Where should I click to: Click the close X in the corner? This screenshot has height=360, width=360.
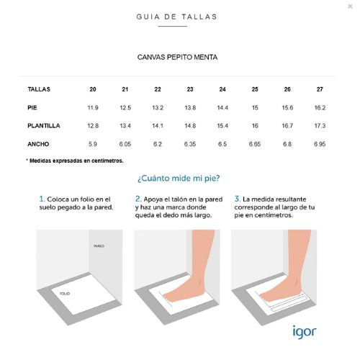[350, 6]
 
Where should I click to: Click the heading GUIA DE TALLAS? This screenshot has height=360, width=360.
[177, 17]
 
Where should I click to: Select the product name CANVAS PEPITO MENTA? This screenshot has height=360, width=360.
[177, 57]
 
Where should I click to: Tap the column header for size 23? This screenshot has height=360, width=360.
[190, 89]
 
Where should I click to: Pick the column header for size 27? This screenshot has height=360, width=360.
[320, 89]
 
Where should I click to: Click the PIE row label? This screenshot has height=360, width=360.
[32, 107]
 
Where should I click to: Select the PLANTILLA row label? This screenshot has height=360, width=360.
[44, 125]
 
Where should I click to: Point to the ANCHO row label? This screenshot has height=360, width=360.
[38, 144]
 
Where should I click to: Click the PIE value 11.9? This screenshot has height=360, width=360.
[93, 107]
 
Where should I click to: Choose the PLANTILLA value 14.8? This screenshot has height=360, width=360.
[190, 125]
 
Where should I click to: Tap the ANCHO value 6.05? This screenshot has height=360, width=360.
[125, 144]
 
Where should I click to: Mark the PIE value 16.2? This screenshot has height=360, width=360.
[320, 107]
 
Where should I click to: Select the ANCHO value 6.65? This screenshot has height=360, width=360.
[255, 144]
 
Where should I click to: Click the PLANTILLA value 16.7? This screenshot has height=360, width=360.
[287, 125]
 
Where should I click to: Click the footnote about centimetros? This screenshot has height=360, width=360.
[75, 161]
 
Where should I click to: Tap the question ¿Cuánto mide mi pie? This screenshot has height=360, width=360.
[179, 178]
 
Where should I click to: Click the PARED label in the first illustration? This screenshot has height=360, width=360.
[99, 246]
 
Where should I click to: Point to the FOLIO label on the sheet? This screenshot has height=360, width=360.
[65, 294]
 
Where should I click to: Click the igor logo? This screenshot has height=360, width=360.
[305, 332]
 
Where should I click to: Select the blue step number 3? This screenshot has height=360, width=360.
[237, 199]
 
